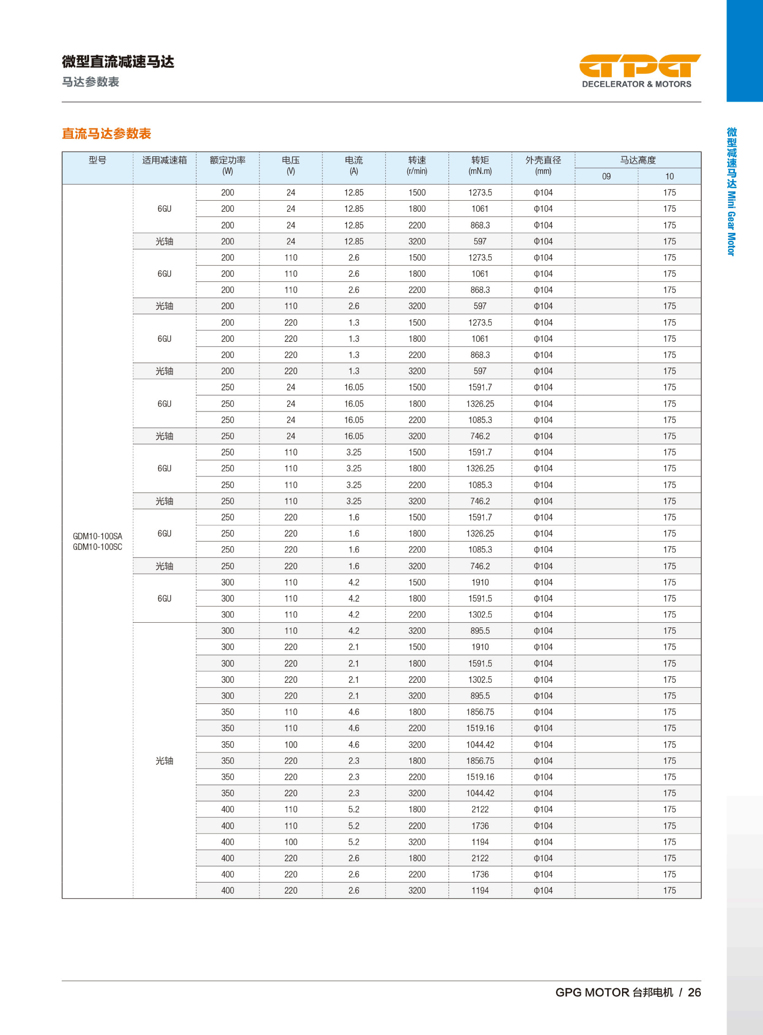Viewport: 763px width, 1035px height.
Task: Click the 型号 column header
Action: coord(97,160)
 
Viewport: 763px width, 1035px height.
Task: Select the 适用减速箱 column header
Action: coord(164,160)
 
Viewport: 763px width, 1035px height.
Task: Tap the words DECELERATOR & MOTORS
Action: coord(636,84)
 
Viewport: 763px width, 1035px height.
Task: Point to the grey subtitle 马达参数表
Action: coord(91,82)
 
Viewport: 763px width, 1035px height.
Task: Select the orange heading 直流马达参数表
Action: coord(107,133)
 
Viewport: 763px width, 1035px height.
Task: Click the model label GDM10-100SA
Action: coord(97,536)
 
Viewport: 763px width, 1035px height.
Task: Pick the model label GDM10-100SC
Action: coord(97,547)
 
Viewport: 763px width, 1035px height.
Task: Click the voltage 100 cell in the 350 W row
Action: coord(291,744)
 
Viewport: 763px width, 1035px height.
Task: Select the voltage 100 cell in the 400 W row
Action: coord(291,842)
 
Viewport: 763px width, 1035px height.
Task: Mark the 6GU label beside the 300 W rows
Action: coord(164,599)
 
